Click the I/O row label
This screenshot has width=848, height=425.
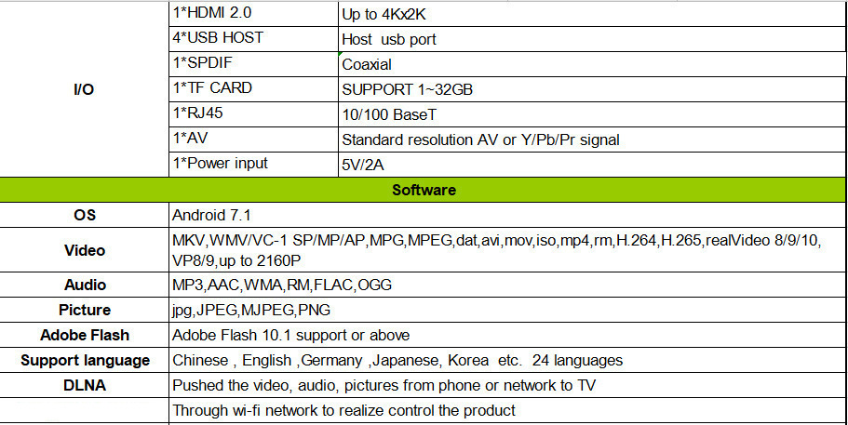tap(83, 89)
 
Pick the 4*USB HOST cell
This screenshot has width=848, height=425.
tap(218, 39)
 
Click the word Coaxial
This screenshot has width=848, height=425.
tap(367, 65)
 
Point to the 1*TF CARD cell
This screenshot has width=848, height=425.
tap(213, 88)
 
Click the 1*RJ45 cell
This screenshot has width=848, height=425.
tap(200, 113)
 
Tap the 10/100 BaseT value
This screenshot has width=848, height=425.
tap(388, 115)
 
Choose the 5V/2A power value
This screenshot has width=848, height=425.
tap(362, 166)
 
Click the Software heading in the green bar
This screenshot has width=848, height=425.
tap(424, 190)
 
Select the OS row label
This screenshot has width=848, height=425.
tap(85, 215)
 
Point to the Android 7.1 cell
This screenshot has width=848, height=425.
tap(212, 215)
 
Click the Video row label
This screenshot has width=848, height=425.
tap(85, 250)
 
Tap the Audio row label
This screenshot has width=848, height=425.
tap(85, 286)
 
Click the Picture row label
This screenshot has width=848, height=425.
tap(85, 311)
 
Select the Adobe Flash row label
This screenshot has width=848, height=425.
tap(85, 335)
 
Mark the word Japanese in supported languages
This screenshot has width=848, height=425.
tap(410, 360)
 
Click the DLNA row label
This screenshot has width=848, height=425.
tap(85, 385)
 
